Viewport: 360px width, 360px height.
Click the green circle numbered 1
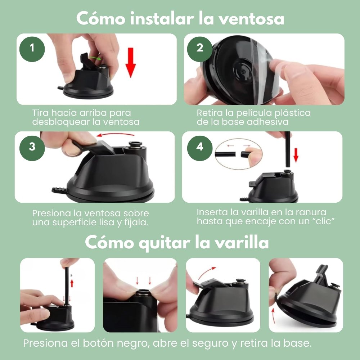point(32,48)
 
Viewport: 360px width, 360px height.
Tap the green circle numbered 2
point(200,48)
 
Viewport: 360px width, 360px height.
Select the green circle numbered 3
point(32,147)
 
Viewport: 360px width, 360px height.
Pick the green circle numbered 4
point(200,147)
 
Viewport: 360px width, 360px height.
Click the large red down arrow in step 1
point(131,62)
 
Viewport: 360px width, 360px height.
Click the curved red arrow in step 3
point(114,135)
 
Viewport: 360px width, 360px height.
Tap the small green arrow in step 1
point(95,57)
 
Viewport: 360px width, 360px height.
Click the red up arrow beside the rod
point(72,282)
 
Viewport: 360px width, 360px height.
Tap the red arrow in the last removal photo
point(275,317)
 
